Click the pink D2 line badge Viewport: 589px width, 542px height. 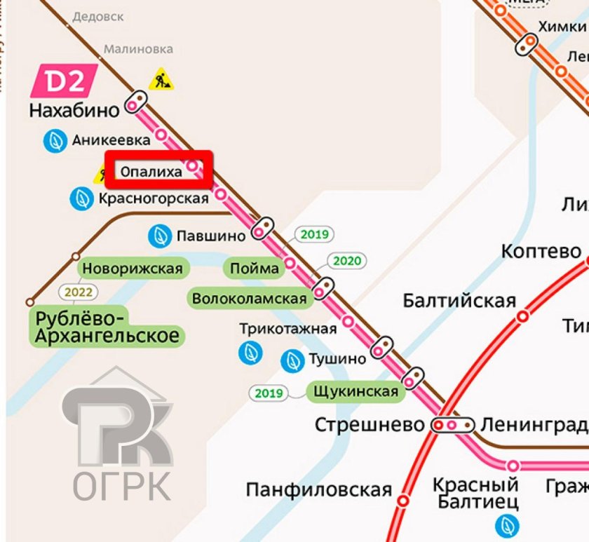pos(63,82)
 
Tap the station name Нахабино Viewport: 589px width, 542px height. pos(74,110)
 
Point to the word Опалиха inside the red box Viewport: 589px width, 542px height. pos(151,171)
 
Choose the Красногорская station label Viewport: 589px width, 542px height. pos(154,199)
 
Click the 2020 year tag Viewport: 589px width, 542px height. pos(347,261)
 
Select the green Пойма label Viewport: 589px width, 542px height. pos(254,269)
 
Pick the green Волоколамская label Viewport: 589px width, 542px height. pos(249,299)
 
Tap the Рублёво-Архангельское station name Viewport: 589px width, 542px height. pos(106,326)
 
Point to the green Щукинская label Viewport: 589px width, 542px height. pos(356,391)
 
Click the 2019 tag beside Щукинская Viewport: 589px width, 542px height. pos(269,393)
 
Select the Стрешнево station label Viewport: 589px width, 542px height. pos(370,425)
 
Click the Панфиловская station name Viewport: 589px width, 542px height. pos(318,489)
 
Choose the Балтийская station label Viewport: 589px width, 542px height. pos(459,301)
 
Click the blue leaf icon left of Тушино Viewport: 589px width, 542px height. pos(291,361)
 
